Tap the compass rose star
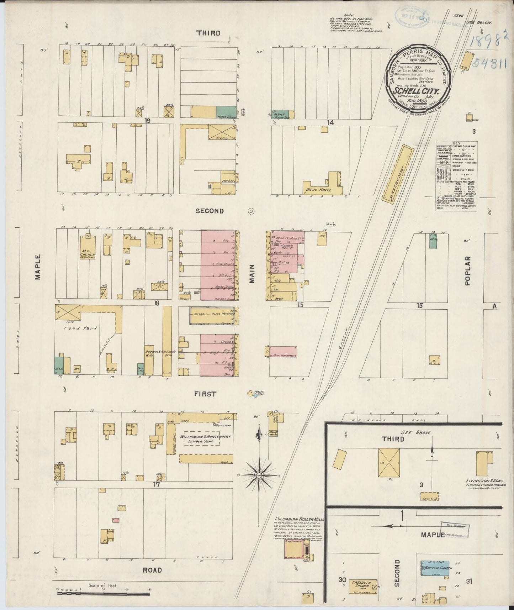tap(259, 475)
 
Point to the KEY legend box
tap(456, 176)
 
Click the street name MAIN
tap(252, 273)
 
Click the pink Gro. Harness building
tap(284, 351)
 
